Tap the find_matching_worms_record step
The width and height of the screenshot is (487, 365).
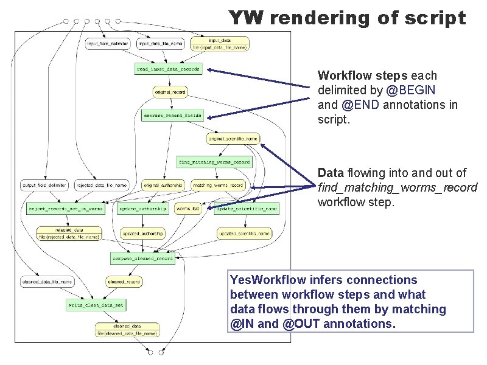pyautogui.click(x=214, y=162)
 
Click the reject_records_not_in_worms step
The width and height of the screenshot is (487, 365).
pyautogui.click(x=66, y=208)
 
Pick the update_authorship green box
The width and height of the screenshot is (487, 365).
pyautogui.click(x=143, y=208)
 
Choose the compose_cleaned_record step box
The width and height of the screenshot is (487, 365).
pyautogui.click(x=142, y=258)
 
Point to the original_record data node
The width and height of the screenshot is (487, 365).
pyautogui.click(x=170, y=92)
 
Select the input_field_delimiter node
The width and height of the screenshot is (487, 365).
pyautogui.click(x=108, y=44)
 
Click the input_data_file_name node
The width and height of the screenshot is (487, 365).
pyautogui.click(x=160, y=44)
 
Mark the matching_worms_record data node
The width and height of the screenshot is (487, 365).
pyautogui.click(x=217, y=185)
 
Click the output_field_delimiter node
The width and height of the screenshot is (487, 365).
pyautogui.click(x=44, y=185)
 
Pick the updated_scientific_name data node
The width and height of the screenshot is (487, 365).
pyautogui.click(x=243, y=232)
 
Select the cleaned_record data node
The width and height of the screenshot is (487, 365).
pyautogui.click(x=124, y=282)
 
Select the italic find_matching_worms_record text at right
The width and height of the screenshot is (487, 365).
pyautogui.click(x=397, y=187)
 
